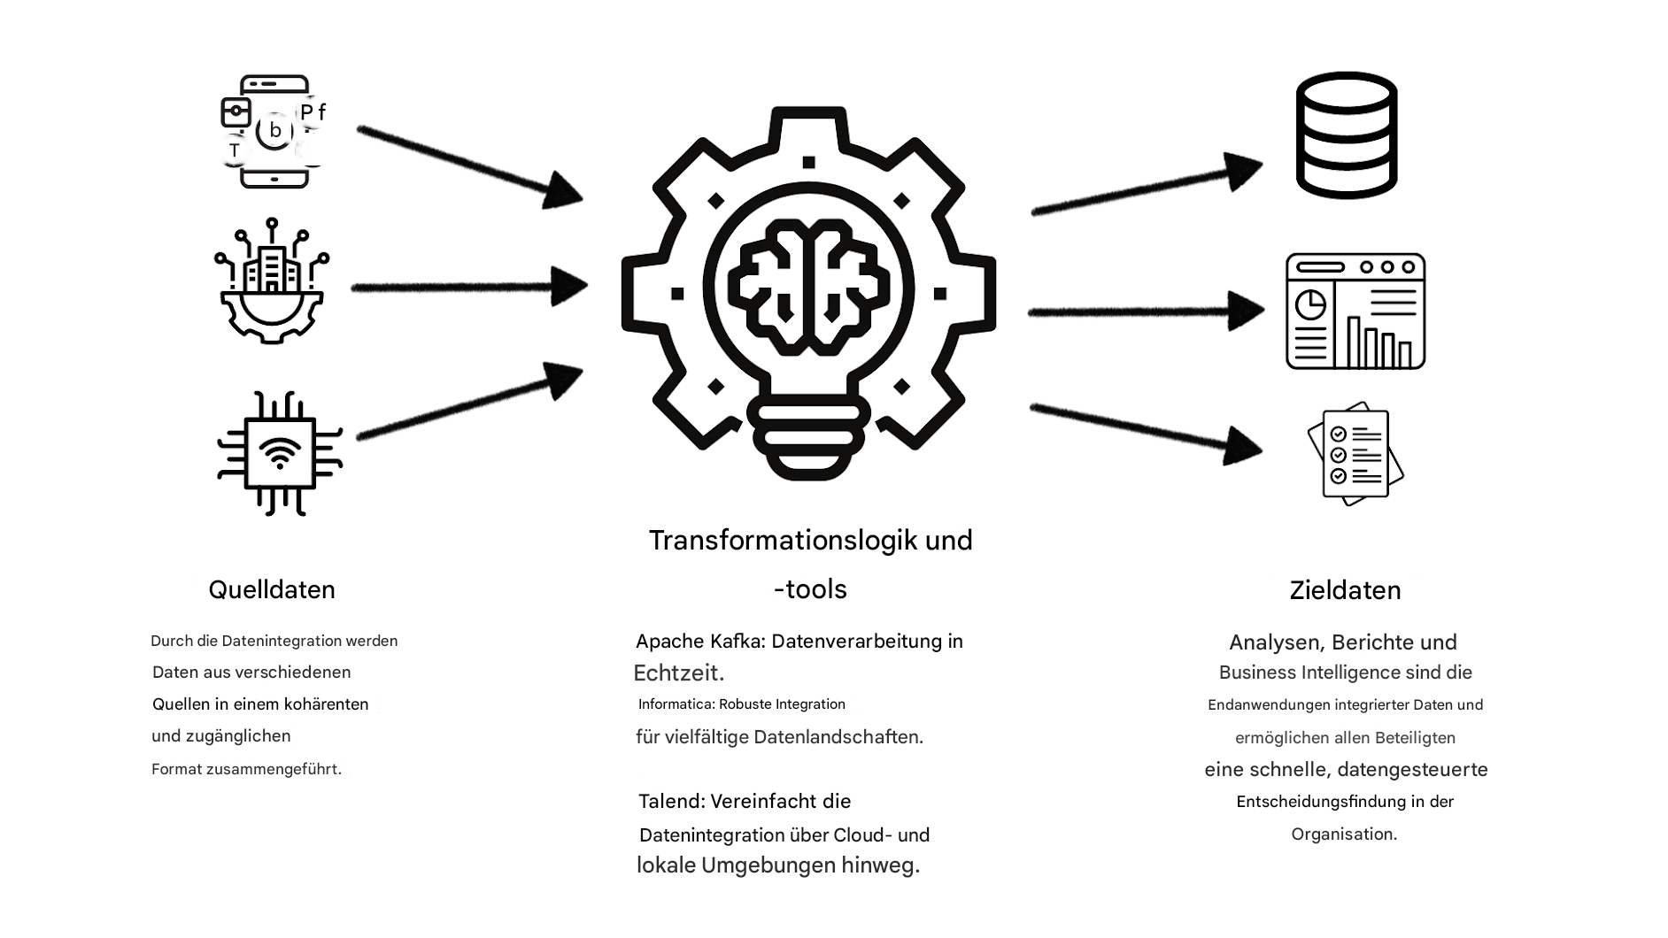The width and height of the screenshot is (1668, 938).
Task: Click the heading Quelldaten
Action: pos(272,589)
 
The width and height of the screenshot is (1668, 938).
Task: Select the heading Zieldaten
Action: pos(1345,590)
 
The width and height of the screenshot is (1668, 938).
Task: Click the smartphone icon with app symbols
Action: pos(274,132)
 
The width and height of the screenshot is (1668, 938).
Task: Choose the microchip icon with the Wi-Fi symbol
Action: pos(280,453)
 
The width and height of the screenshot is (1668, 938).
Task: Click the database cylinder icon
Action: pos(1346,135)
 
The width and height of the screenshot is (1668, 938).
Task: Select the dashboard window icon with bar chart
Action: pos(1355,311)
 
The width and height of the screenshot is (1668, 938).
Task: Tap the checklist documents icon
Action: pos(1355,456)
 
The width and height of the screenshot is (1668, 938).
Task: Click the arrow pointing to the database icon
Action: pos(1146,187)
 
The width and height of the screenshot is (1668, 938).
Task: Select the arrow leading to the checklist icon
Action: pos(1146,431)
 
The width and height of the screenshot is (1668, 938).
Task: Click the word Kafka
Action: pos(737,641)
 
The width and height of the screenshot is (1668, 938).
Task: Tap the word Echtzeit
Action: pos(677,673)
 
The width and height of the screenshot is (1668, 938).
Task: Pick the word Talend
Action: pos(671,802)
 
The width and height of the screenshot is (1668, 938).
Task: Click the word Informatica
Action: pos(676,704)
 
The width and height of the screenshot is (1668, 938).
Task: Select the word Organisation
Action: pos(1343,834)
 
